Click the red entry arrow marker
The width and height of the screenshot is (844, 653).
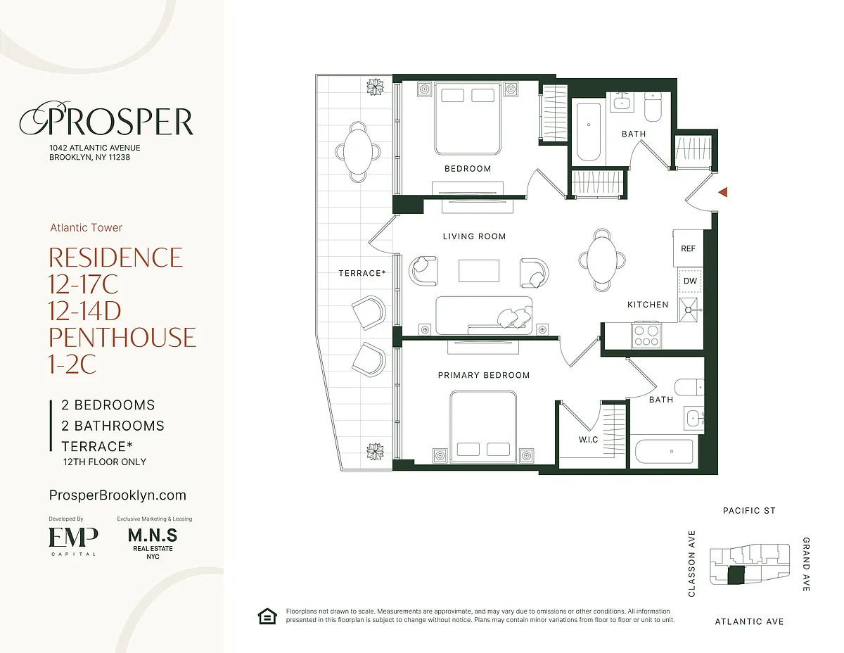pyautogui.click(x=723, y=192)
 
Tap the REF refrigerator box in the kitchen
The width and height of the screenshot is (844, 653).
pyautogui.click(x=688, y=248)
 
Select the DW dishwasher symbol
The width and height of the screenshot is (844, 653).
pyautogui.click(x=690, y=281)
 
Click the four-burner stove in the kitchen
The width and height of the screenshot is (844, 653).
pyautogui.click(x=646, y=335)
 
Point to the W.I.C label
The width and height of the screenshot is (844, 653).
pyautogui.click(x=588, y=439)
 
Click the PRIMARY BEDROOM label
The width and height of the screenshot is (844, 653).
pyautogui.click(x=484, y=375)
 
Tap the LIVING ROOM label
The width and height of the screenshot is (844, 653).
pyautogui.click(x=474, y=236)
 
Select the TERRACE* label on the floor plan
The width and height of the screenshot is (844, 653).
pyautogui.click(x=362, y=273)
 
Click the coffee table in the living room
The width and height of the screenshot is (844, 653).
pyautogui.click(x=478, y=271)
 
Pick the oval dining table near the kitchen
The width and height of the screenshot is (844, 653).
pyautogui.click(x=601, y=260)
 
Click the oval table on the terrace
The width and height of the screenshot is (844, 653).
pyautogui.click(x=358, y=151)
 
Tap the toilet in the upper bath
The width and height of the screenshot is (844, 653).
pyautogui.click(x=653, y=106)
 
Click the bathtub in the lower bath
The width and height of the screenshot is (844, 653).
pyautogui.click(x=664, y=451)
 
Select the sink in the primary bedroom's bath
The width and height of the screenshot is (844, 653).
pyautogui.click(x=693, y=419)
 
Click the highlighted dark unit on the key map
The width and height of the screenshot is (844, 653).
pyautogui.click(x=736, y=576)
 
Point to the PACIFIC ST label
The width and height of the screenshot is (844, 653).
pyautogui.click(x=749, y=511)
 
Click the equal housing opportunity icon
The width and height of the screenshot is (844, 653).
pyautogui.click(x=267, y=616)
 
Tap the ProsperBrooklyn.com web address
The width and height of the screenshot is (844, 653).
pyautogui.click(x=117, y=495)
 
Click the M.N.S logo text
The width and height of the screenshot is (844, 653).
pyautogui.click(x=153, y=535)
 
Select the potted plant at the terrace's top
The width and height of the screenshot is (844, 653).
pyautogui.click(x=375, y=87)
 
